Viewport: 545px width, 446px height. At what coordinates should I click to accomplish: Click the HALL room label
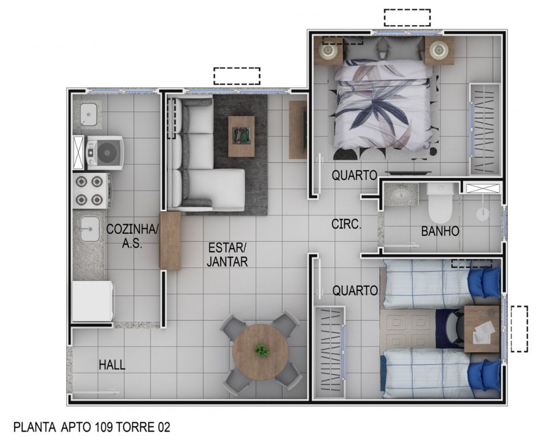pos(112,365)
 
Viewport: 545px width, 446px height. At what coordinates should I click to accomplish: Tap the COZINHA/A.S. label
pos(132,236)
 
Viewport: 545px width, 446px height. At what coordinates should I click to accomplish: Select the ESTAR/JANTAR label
pos(227,255)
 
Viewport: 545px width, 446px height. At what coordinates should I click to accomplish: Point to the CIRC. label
pos(346,224)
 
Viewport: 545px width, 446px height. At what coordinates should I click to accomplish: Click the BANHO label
pos(440,231)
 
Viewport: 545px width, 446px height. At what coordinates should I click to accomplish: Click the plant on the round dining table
pos(262,350)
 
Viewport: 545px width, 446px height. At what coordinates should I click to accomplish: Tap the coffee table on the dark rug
pos(241,137)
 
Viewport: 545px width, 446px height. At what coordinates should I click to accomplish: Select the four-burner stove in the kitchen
pos(92,191)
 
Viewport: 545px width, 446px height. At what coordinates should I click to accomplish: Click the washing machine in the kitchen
pos(105,153)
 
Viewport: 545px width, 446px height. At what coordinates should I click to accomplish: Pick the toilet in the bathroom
pos(440,203)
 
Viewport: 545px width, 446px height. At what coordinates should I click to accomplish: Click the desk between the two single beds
pos(482,329)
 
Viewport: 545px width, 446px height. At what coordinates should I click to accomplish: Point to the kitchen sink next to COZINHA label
pos(90,229)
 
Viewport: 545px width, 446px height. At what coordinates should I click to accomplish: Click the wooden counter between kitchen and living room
pos(170,240)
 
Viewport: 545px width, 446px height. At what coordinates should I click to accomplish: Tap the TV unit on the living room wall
pos(298,130)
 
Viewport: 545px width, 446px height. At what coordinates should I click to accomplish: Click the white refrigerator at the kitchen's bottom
pos(93,301)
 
